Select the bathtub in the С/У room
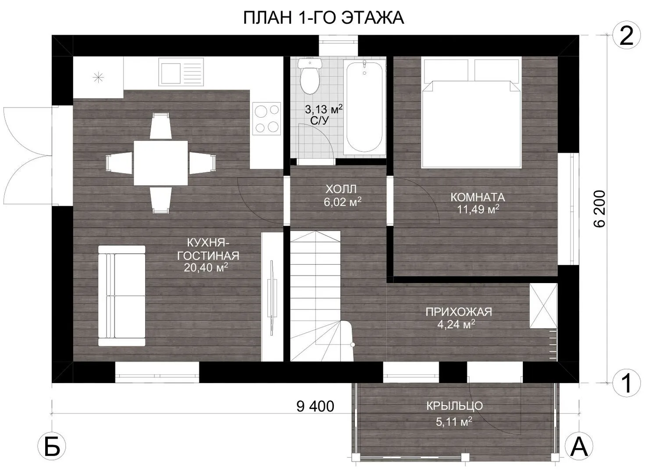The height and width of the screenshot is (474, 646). pyautogui.click(x=364, y=107)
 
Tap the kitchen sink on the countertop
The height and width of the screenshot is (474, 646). pyautogui.click(x=181, y=72)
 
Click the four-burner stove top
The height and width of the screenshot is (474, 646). pyautogui.click(x=267, y=118)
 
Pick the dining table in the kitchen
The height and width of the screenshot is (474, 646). pyautogui.click(x=161, y=163)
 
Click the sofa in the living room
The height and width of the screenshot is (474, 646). pyautogui.click(x=121, y=296)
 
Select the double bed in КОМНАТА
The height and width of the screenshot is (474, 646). pyautogui.click(x=471, y=113)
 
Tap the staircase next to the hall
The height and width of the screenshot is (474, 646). pyautogui.click(x=321, y=296)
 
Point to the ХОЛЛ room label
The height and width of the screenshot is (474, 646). pyautogui.click(x=341, y=189)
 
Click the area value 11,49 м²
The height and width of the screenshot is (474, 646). pyautogui.click(x=478, y=209)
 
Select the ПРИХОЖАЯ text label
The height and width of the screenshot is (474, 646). pyautogui.click(x=459, y=312)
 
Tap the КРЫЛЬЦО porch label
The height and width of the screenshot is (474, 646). pyautogui.click(x=454, y=406)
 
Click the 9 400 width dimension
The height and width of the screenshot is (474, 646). pyautogui.click(x=315, y=406)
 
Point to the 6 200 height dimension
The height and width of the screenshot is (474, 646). pyautogui.click(x=599, y=209)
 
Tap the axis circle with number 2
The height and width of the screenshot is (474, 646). pyautogui.click(x=626, y=37)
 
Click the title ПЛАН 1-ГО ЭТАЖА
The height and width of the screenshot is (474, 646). pyautogui.click(x=324, y=18)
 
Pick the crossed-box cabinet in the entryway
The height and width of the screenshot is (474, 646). pyautogui.click(x=543, y=306)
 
